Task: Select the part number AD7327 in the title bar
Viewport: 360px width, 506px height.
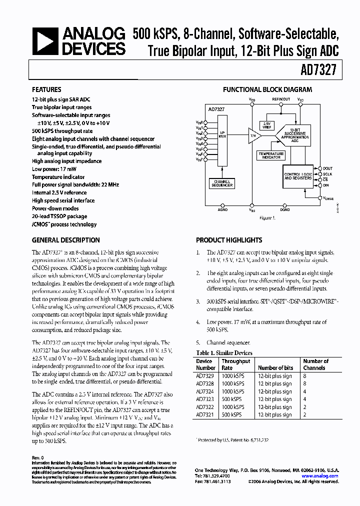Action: click(x=326, y=71)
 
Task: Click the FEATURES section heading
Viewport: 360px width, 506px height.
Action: click(x=46, y=90)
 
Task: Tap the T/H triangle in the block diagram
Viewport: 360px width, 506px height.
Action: click(x=252, y=135)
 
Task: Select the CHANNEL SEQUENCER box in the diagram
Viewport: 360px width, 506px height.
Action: click(x=222, y=183)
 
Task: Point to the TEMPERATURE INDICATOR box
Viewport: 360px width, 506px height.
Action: click(x=271, y=155)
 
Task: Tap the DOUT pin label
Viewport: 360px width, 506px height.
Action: click(x=327, y=168)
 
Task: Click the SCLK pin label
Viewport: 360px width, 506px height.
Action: click(x=327, y=174)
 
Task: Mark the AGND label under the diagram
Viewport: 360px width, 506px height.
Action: click(x=222, y=210)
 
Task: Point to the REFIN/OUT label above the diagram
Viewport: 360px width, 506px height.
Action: click(x=281, y=99)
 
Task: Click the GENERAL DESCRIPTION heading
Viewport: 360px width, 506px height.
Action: click(x=66, y=240)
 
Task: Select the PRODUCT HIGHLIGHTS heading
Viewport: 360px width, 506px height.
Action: click(x=229, y=240)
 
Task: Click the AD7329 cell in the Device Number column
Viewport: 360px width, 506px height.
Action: click(x=204, y=376)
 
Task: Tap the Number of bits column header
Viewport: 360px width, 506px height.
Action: click(x=275, y=368)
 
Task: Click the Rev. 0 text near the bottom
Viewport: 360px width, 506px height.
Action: click(x=38, y=457)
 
